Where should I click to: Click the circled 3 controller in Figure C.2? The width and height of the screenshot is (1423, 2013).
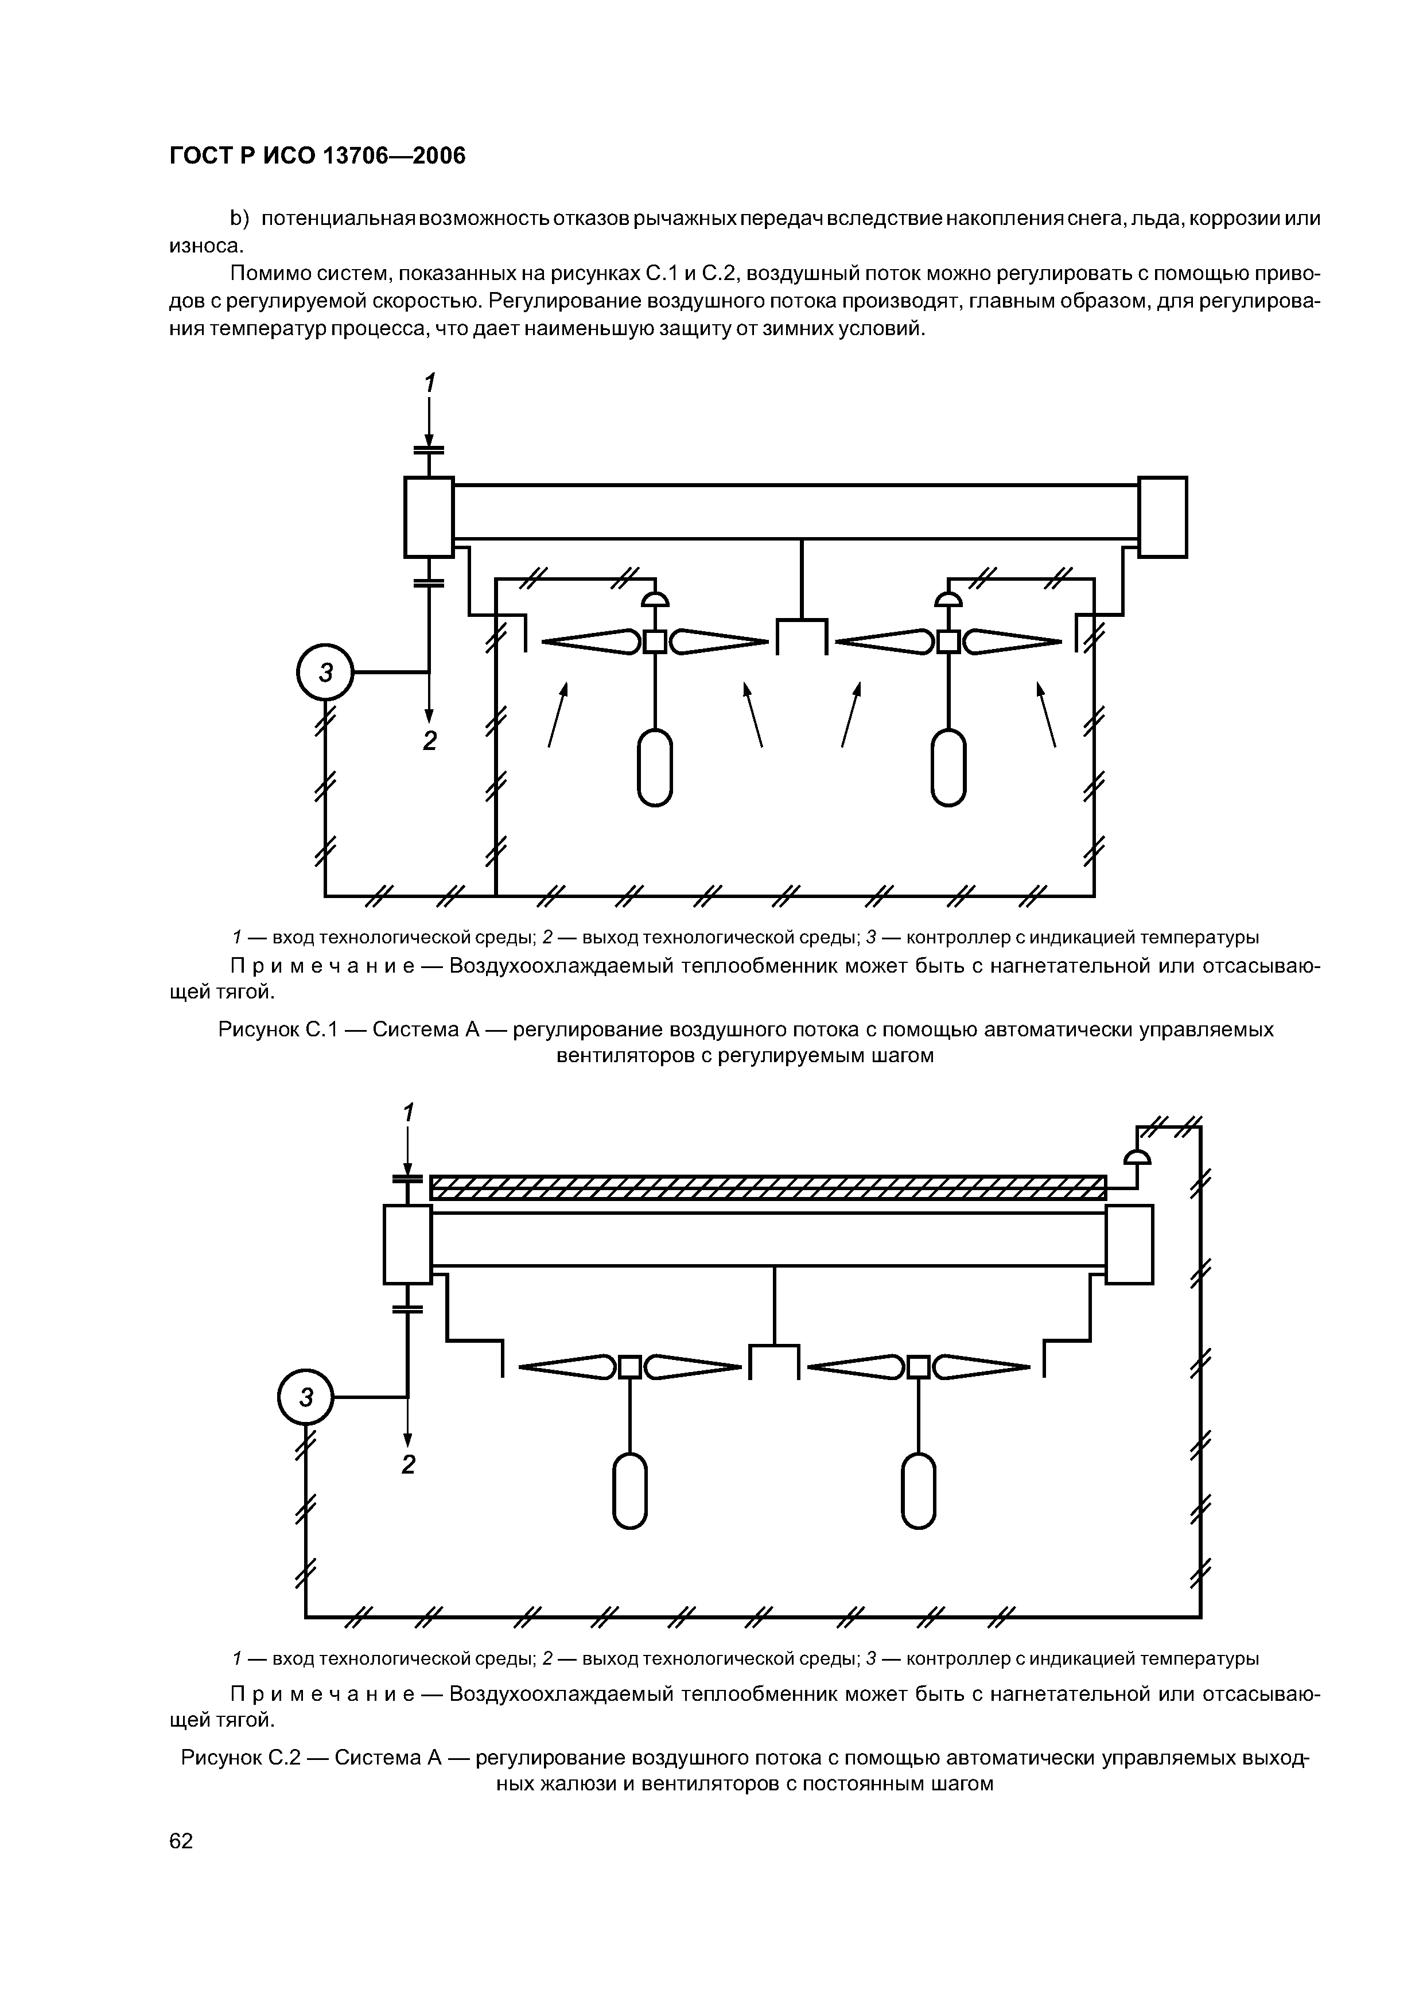tap(306, 1397)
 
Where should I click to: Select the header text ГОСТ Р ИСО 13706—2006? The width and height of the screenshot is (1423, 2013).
tap(317, 156)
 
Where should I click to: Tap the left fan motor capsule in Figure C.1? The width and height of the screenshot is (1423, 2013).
tap(655, 768)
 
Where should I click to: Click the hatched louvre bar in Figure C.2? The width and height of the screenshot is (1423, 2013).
tap(768, 1188)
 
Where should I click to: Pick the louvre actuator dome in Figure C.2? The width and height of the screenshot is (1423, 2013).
tap(1137, 1158)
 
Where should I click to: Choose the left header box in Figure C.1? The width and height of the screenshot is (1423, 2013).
tap(429, 516)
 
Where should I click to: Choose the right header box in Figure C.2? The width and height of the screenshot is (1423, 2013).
tap(1129, 1244)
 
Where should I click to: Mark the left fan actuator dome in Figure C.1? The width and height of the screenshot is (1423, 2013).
tap(655, 600)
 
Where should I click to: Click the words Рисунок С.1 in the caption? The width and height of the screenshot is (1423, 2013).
tap(278, 1029)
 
